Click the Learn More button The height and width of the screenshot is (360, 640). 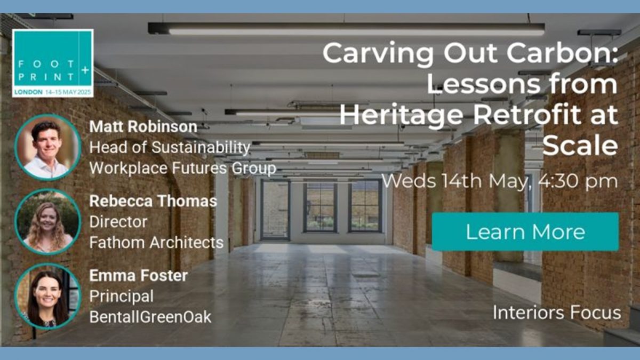click(525, 231)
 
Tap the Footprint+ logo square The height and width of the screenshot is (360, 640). click(53, 63)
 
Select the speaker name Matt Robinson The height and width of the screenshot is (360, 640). click(143, 126)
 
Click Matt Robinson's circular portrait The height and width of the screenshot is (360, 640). click(47, 147)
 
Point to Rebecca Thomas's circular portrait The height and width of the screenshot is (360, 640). click(47, 222)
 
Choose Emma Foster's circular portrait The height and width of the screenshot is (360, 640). click(47, 296)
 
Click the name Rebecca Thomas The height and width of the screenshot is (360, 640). click(153, 201)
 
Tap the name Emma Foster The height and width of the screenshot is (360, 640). click(139, 275)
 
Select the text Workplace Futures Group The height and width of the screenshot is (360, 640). click(182, 168)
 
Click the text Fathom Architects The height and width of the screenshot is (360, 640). click(156, 243)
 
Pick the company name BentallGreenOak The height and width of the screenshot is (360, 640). click(150, 317)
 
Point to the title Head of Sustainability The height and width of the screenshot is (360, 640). click(170, 147)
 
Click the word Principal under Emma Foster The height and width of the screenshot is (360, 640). click(122, 297)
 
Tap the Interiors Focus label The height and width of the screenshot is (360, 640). click(557, 313)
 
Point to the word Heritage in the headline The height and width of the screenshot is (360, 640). click(401, 115)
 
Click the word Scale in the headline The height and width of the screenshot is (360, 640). click(580, 146)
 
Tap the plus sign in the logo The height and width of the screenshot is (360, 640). click(85, 70)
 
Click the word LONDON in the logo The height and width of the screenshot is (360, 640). click(28, 92)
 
